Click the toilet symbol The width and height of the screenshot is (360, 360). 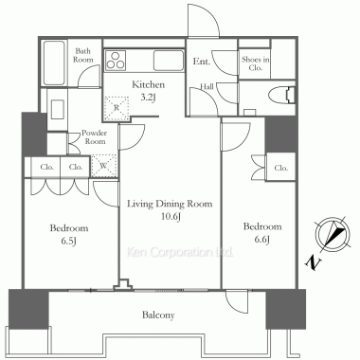coord(282,95)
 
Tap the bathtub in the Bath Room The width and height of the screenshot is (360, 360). coord(54,63)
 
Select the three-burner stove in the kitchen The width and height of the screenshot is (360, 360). coord(116,61)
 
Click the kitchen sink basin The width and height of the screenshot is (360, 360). coord(169,61)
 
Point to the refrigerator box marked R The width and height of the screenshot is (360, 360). coord(117,108)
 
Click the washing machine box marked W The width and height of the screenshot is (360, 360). coord(104,166)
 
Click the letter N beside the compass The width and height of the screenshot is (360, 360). coord(314,262)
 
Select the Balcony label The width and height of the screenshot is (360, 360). coord(158,315)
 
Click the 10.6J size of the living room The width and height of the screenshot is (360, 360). coord(170,217)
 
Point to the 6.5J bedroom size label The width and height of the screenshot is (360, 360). coord(69,242)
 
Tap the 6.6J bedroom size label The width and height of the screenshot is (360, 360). coord(262,240)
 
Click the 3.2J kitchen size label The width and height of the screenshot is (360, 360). coord(148,98)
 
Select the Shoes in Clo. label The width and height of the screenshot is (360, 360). coord(256,63)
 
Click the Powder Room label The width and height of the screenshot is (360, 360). coord(94,136)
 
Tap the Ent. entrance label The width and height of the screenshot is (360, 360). coord(202,61)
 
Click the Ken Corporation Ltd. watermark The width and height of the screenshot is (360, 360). coord(180,252)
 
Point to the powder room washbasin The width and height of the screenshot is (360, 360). coord(58,109)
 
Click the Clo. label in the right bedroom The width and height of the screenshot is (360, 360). coord(281,168)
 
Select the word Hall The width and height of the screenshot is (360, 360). coord(207,86)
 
